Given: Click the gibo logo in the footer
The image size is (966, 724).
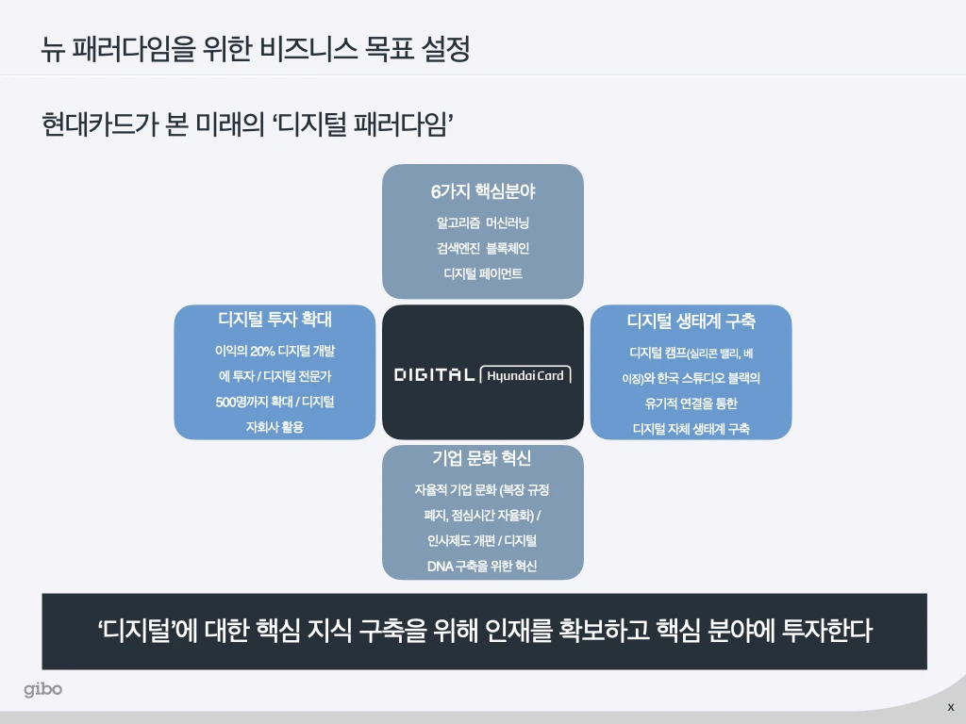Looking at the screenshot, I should click(x=43, y=690).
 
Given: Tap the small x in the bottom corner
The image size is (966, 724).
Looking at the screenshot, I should click(x=950, y=707).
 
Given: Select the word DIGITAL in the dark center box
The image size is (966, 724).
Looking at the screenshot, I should click(x=434, y=375).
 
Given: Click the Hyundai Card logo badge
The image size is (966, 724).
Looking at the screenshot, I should click(x=525, y=375).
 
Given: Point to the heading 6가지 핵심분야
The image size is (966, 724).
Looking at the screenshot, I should click(x=482, y=191).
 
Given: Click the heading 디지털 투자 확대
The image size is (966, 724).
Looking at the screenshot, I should click(x=275, y=320).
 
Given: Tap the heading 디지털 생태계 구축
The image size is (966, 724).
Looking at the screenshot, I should click(x=691, y=321).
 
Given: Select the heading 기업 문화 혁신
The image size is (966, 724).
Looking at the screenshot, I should click(x=482, y=458).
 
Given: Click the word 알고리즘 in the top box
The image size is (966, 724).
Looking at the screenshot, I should click(x=456, y=223).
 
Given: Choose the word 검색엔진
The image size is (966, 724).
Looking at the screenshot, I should click(x=456, y=249).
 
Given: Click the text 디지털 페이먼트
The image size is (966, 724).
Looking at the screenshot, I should click(x=482, y=274).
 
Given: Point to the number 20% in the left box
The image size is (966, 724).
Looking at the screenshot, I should click(x=262, y=351).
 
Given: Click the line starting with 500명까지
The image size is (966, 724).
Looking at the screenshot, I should click(x=275, y=402).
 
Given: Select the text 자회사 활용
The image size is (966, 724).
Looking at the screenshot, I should click(x=275, y=427).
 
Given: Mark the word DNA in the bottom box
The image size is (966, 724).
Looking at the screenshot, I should click(x=440, y=566).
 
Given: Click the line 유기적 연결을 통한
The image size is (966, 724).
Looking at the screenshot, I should click(x=691, y=403).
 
